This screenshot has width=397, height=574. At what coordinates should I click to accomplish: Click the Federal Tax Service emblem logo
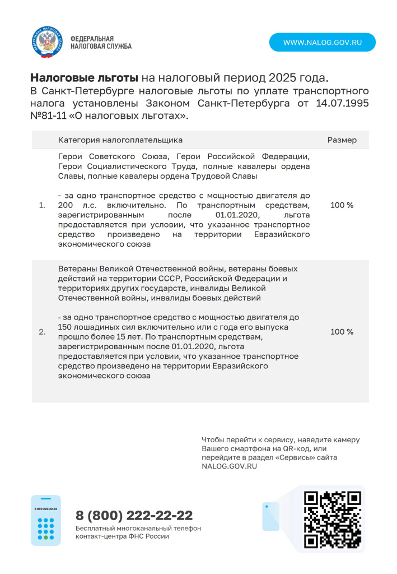tap(47, 42)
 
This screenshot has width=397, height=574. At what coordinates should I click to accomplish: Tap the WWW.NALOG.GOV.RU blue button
tap(322, 42)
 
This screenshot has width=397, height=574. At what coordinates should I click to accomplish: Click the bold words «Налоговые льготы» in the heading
tap(83, 77)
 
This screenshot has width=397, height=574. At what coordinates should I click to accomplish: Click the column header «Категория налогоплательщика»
tap(120, 140)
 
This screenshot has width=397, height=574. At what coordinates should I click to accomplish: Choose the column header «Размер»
tap(342, 140)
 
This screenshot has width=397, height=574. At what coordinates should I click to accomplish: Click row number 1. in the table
tap(42, 206)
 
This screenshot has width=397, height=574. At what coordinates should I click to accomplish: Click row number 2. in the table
tap(42, 332)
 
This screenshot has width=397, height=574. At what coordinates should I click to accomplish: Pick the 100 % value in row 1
tap(342, 205)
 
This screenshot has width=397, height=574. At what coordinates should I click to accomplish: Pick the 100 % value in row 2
tap(342, 332)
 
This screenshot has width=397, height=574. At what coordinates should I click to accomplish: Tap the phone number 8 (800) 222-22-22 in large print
tap(134, 515)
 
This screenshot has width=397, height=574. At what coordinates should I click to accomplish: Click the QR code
tap(331, 520)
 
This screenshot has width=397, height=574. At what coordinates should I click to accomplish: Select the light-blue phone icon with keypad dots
tap(46, 520)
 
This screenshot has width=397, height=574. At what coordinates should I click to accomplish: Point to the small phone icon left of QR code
tap(270, 516)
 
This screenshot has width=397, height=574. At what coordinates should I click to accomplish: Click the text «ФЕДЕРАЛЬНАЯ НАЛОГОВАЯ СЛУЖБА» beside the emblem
tap(101, 42)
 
